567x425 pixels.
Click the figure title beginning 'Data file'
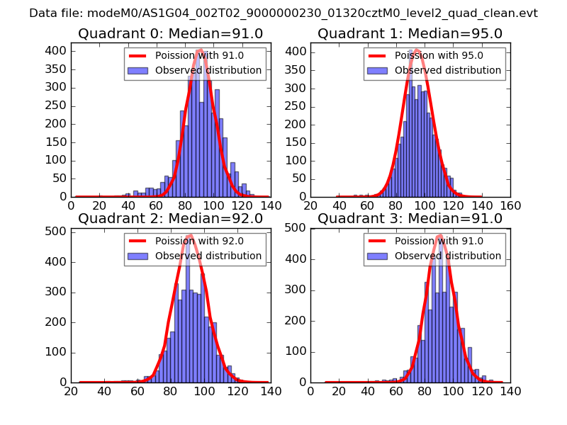click(283, 13)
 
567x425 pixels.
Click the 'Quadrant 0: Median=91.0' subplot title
click(170, 34)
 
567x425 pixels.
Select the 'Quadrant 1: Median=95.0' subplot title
click(410, 34)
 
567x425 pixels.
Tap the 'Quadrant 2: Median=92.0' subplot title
click(170, 219)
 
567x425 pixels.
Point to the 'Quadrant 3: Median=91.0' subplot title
click(410, 219)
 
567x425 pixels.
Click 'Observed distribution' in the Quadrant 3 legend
click(448, 256)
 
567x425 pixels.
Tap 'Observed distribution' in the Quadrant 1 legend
click(448, 70)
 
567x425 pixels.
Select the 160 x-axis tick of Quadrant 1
click(510, 205)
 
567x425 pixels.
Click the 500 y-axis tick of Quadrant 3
click(297, 227)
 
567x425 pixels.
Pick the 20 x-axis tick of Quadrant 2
click(71, 391)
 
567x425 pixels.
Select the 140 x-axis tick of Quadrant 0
click(270, 205)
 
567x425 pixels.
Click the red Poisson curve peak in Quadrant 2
click(190, 235)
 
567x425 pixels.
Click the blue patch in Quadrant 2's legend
click(137, 256)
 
